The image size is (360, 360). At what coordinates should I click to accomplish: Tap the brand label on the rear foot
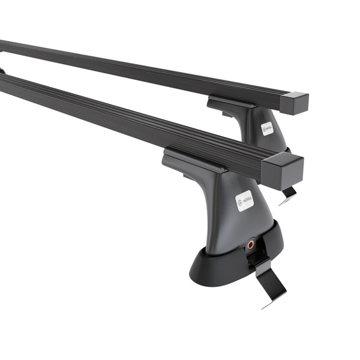[x=267, y=128]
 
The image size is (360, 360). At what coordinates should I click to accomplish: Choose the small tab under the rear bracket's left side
[x=225, y=114]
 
